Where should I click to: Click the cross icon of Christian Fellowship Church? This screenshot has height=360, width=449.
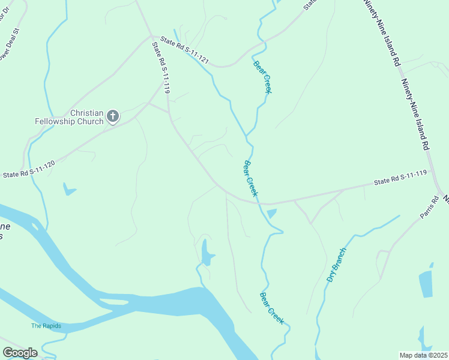(x=113, y=116)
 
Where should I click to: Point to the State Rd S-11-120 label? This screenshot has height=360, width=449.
(x=29, y=169)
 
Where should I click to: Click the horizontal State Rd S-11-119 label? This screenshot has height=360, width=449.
(x=400, y=178)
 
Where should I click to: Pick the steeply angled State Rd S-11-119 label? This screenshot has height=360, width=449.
(x=161, y=67)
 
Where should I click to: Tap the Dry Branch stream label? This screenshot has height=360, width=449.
(x=336, y=265)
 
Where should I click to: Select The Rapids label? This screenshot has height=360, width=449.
(x=46, y=326)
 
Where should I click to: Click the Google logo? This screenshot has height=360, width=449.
(x=20, y=352)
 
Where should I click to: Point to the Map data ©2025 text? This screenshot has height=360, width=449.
(x=423, y=355)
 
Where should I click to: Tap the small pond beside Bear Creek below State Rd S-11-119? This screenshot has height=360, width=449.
(x=271, y=213)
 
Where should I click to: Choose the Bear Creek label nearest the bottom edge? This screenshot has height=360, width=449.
(x=271, y=308)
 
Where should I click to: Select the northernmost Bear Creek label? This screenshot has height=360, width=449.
(x=263, y=76)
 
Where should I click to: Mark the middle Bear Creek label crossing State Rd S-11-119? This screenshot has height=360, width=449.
(x=251, y=178)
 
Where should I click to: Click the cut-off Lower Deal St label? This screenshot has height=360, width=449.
(x=11, y=42)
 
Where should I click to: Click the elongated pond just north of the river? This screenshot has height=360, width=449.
(x=206, y=253)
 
